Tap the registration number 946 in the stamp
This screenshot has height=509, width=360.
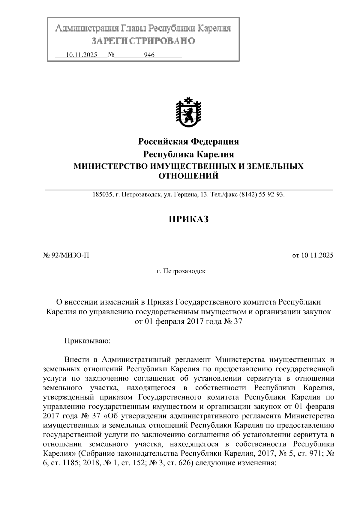149,55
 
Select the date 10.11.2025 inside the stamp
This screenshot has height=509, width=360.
81,55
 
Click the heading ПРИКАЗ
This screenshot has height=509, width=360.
188,219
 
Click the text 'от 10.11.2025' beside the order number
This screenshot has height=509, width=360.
313,256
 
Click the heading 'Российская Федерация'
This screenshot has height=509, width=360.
188,141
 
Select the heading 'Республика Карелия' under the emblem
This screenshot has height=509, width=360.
188,154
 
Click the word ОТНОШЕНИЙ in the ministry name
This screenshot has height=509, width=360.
188,176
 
